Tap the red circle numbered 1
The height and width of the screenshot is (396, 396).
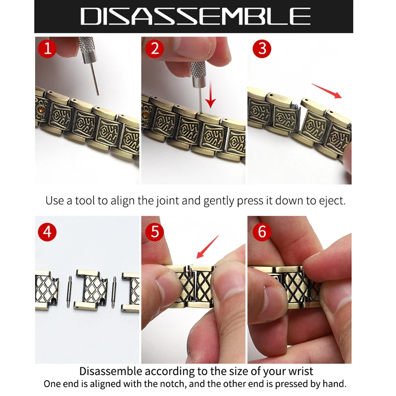coord(48,49)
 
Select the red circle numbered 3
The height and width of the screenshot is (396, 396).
coord(262,49)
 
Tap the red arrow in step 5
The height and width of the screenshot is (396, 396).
coord(207,247)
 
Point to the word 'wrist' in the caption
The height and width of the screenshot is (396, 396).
coord(298,371)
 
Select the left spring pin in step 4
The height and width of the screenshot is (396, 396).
coord(68,292)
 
